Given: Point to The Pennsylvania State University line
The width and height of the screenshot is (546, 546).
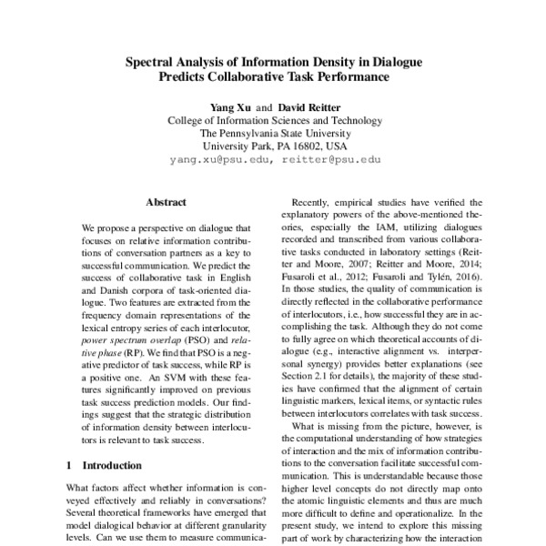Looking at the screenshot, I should tap(273, 132).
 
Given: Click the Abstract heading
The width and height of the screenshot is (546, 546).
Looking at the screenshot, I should tap(166, 201).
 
